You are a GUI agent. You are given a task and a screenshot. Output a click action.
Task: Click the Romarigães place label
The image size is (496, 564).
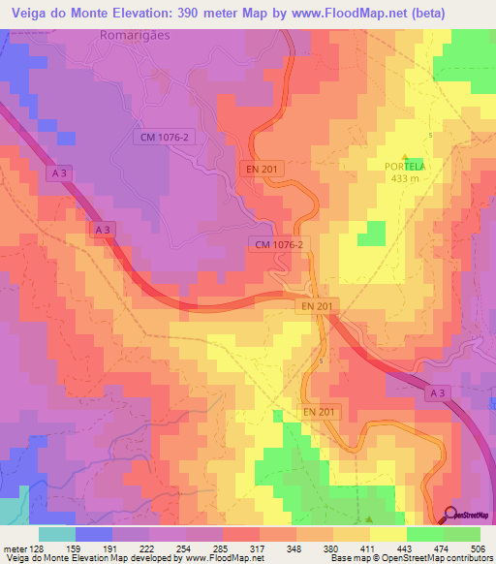coord(143,35)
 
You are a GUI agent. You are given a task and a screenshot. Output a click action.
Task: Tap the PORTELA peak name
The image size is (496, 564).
coord(406,167)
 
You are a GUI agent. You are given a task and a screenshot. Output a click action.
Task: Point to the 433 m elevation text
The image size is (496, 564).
coord(406,178)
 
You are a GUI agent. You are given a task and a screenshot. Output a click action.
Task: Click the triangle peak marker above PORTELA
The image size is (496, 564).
coord(406,156)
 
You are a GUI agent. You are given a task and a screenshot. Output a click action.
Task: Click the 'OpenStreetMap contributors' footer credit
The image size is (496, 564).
coord(438,557)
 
